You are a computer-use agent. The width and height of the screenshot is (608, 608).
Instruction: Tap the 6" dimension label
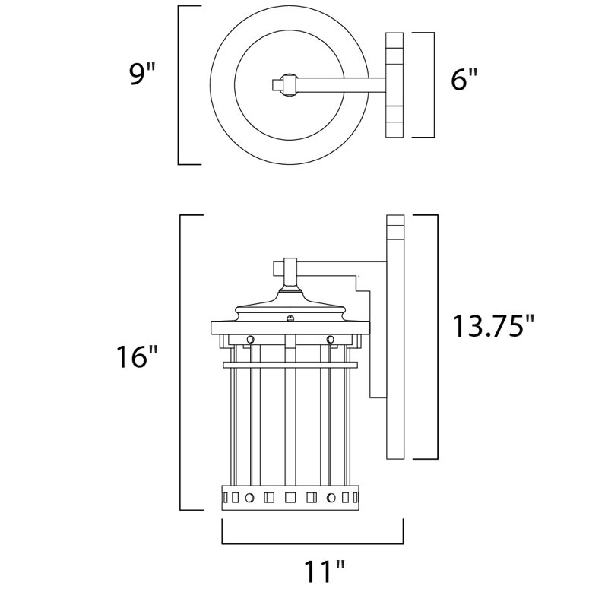click(463, 79)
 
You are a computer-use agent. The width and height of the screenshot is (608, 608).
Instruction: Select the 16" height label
click(138, 356)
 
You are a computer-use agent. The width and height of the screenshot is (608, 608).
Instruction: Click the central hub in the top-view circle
click(286, 85)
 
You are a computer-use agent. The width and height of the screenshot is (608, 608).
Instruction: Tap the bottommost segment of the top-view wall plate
click(394, 131)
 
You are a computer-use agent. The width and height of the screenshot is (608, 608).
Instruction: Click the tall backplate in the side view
click(396, 342)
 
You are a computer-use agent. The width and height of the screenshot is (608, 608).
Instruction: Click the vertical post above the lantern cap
click(289, 274)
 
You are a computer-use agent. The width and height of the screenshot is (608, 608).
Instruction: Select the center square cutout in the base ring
click(290, 498)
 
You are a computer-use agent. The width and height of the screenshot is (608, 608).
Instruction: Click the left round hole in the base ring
click(250, 498)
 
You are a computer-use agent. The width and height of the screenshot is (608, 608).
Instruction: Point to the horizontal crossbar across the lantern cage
click(290, 365)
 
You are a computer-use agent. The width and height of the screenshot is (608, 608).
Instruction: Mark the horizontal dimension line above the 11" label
click(312, 543)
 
